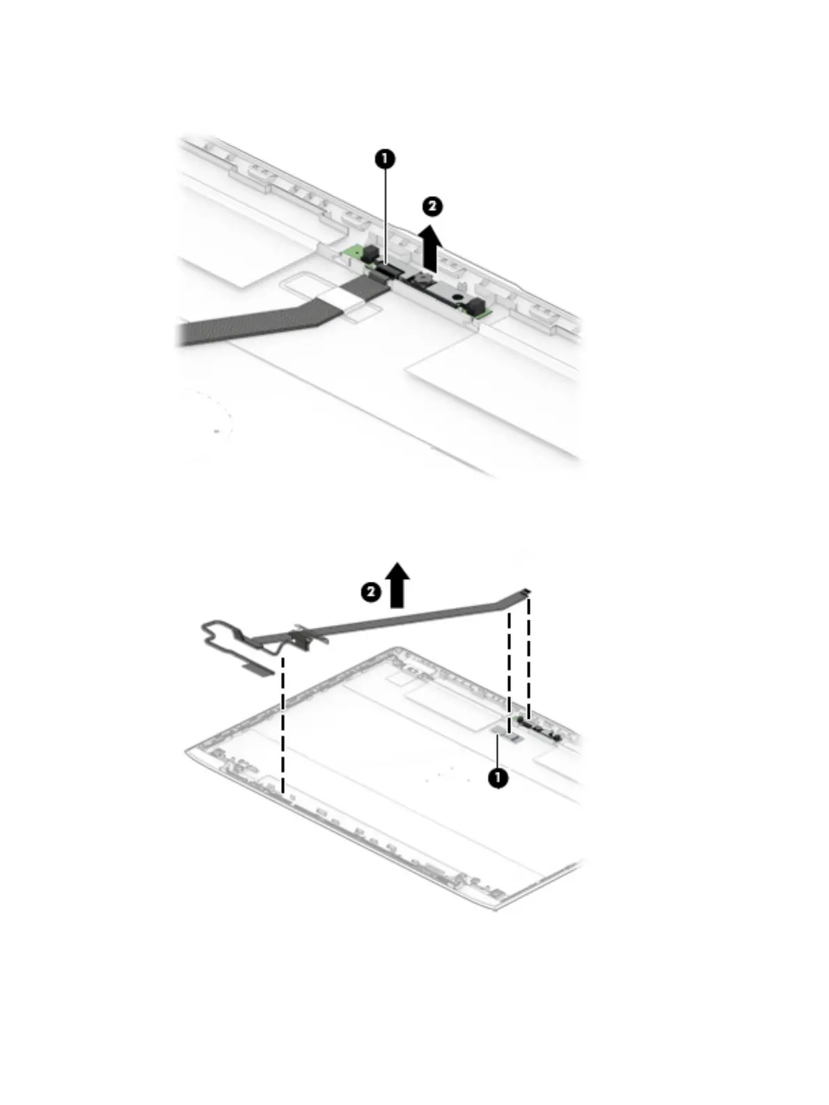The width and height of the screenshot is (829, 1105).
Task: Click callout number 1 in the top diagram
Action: [384, 159]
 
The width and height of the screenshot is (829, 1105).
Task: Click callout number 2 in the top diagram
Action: [432, 206]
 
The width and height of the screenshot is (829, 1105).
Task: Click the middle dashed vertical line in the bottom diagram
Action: [510, 670]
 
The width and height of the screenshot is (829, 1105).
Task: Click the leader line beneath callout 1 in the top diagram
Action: [385, 216]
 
